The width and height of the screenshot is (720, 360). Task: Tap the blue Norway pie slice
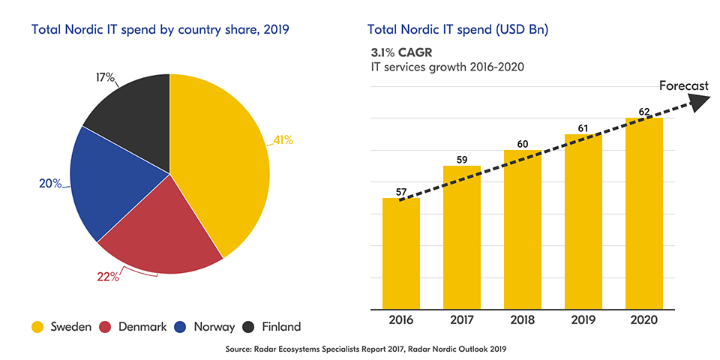tap(112, 180)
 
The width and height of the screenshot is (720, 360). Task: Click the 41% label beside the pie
tap(283, 139)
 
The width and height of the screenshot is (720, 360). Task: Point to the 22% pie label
tap(108, 277)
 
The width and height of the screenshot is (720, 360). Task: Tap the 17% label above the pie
tap(106, 77)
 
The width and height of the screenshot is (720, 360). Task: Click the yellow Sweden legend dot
tap(37, 327)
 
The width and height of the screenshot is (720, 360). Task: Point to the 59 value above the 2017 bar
tap(461, 159)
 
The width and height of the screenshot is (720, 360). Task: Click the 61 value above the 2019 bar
tap(583, 127)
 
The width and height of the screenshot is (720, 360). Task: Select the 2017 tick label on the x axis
tap(461, 320)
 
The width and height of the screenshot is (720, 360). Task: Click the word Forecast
tap(683, 86)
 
